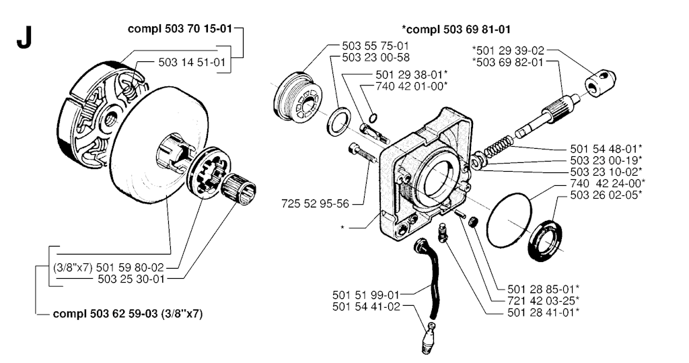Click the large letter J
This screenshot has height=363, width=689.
(24, 39)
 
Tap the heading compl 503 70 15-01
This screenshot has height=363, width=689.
(181, 30)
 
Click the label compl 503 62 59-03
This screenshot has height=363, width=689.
(128, 313)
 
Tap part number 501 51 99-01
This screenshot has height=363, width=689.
(366, 294)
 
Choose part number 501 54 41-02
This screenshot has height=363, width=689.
(366, 307)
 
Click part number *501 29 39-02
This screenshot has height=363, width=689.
(508, 50)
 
